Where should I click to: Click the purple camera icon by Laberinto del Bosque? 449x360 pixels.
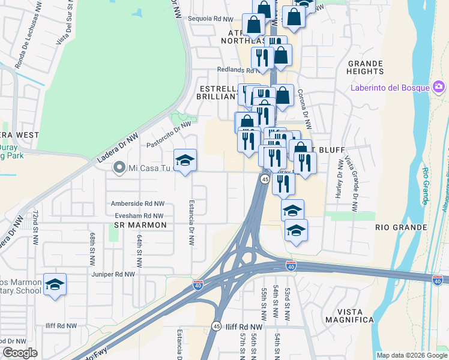tap(439, 88)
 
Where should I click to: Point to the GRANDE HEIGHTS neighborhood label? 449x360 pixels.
tap(365, 67)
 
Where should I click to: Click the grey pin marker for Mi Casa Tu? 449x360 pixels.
tap(119, 169)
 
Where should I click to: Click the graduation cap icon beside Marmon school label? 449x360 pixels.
tap(55, 285)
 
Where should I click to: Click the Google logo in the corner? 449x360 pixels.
tap(20, 353)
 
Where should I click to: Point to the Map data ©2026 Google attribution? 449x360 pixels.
tap(411, 355)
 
